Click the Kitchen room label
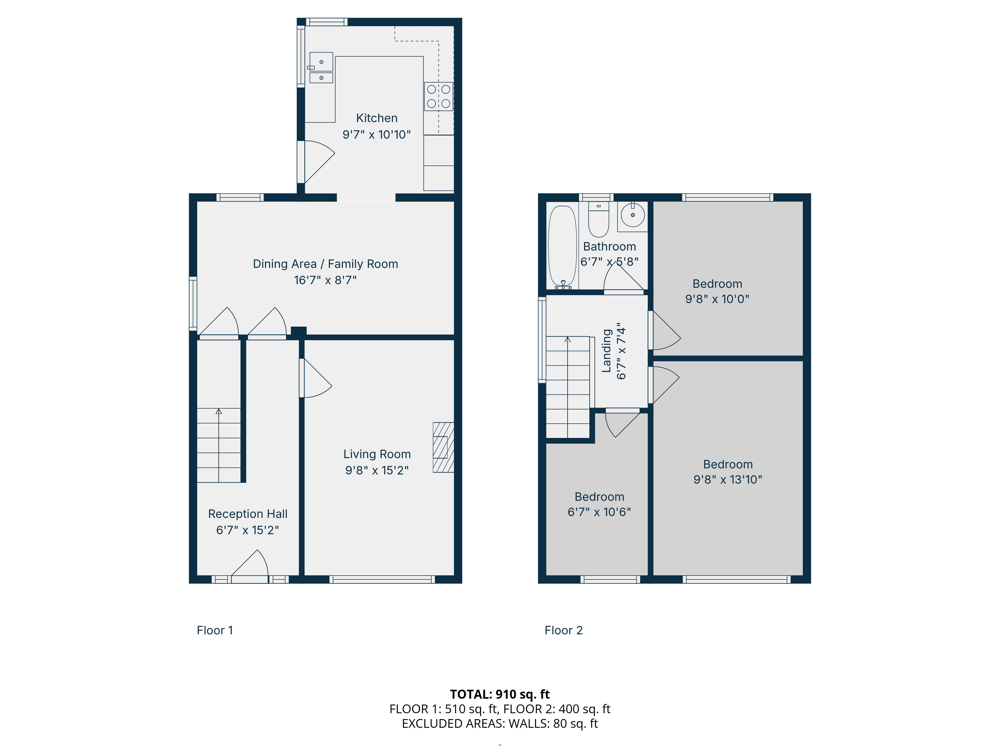[x=377, y=118]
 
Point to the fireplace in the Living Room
[x=443, y=447]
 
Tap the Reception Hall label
[x=248, y=514]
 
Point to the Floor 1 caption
[x=215, y=630]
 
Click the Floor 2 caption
[x=564, y=630]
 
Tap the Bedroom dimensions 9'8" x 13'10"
[x=728, y=480]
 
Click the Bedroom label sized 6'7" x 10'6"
[x=599, y=497]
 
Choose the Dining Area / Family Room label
[x=326, y=264]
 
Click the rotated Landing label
[x=607, y=351]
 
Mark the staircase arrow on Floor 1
[x=219, y=445]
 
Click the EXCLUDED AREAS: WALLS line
[x=500, y=724]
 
